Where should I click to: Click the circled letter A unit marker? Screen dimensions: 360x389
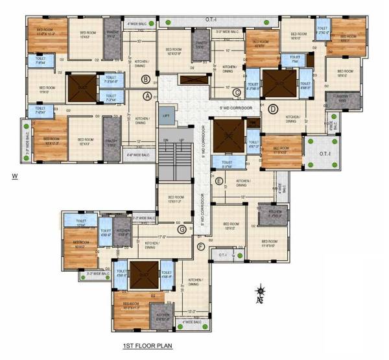[147, 96]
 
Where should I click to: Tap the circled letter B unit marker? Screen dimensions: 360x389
[147, 80]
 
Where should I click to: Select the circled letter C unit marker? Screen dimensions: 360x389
[237, 92]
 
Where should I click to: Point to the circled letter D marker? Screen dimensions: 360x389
[273, 108]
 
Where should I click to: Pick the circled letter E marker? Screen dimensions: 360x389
[219, 181]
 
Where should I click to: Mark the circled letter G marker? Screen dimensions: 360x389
[182, 229]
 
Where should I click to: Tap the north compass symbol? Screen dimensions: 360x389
[260, 294]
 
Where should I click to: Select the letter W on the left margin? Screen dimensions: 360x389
[14, 176]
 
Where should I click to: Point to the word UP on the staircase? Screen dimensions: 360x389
[182, 140]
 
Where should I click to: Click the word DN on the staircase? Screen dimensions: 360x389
[165, 140]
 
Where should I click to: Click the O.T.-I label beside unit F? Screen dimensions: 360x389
[222, 256]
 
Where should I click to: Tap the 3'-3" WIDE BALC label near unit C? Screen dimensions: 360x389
[228, 31]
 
